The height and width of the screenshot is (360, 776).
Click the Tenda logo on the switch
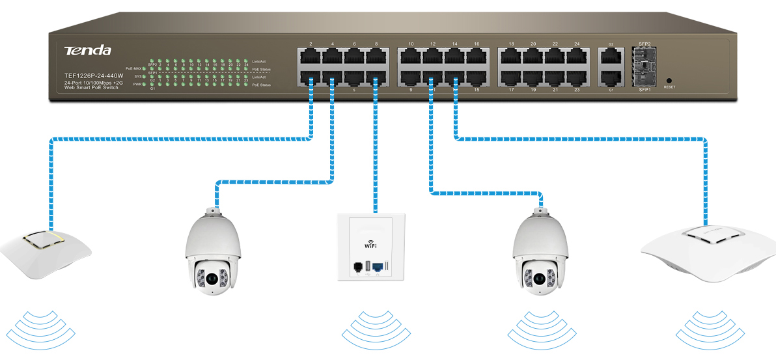87,51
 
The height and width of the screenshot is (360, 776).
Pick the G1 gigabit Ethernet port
611,77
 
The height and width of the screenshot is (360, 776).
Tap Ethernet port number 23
577,77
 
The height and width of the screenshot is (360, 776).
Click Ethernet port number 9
411,77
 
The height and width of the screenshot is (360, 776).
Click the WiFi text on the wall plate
370,245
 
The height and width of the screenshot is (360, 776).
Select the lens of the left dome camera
212,278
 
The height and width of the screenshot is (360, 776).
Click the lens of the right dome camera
539,278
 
